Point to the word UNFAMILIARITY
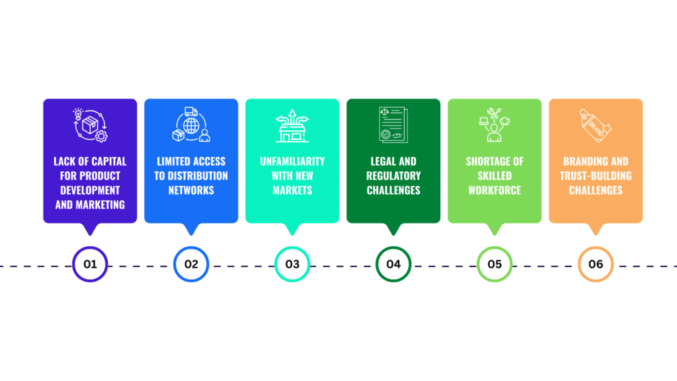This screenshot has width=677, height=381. pyautogui.click(x=292, y=161)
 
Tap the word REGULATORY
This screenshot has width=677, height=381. pyautogui.click(x=393, y=176)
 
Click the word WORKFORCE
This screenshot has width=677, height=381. pyautogui.click(x=495, y=190)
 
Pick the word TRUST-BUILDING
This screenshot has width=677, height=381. pyautogui.click(x=596, y=176)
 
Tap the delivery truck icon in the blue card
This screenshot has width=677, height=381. pyautogui.click(x=191, y=112)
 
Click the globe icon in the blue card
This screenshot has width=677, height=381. pyautogui.click(x=191, y=126)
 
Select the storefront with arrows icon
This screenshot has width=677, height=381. pyautogui.click(x=292, y=126)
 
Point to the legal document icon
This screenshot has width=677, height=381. pyautogui.click(x=393, y=125)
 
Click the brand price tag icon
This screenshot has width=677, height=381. pyautogui.click(x=596, y=125)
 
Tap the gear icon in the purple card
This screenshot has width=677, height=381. pyautogui.click(x=101, y=136)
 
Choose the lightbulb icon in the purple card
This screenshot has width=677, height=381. pyautogui.click(x=78, y=114)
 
